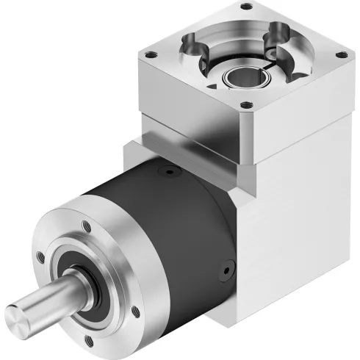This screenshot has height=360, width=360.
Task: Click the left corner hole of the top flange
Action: pos(152,55)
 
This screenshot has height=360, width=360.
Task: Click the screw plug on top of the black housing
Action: pos(170,173)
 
